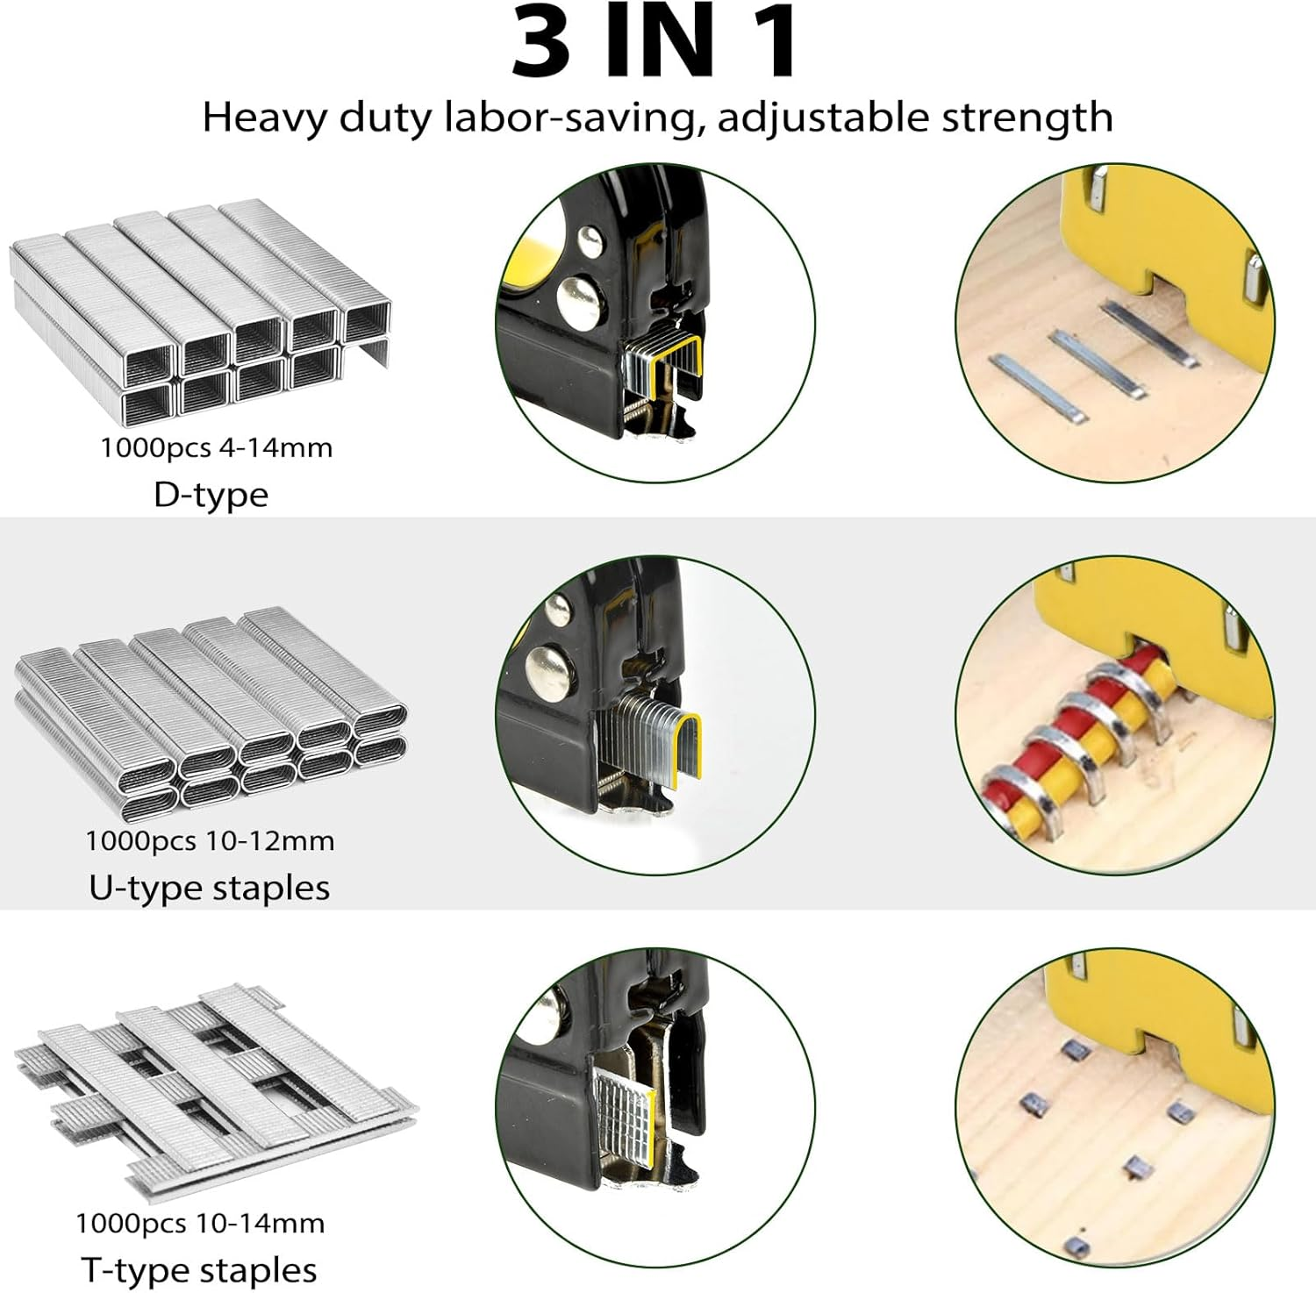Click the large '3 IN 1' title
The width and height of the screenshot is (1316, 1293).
click(656, 42)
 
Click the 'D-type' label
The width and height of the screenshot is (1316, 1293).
click(211, 495)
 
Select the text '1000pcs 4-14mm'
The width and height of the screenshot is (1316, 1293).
click(216, 447)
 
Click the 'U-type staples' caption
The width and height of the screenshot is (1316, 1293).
click(209, 888)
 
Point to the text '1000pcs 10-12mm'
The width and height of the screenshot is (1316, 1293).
click(210, 840)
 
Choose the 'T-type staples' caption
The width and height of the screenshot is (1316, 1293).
click(199, 1269)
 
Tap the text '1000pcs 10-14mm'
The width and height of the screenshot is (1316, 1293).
click(200, 1223)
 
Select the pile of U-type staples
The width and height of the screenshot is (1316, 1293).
click(211, 715)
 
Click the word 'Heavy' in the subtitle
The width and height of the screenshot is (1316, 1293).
click(263, 117)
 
